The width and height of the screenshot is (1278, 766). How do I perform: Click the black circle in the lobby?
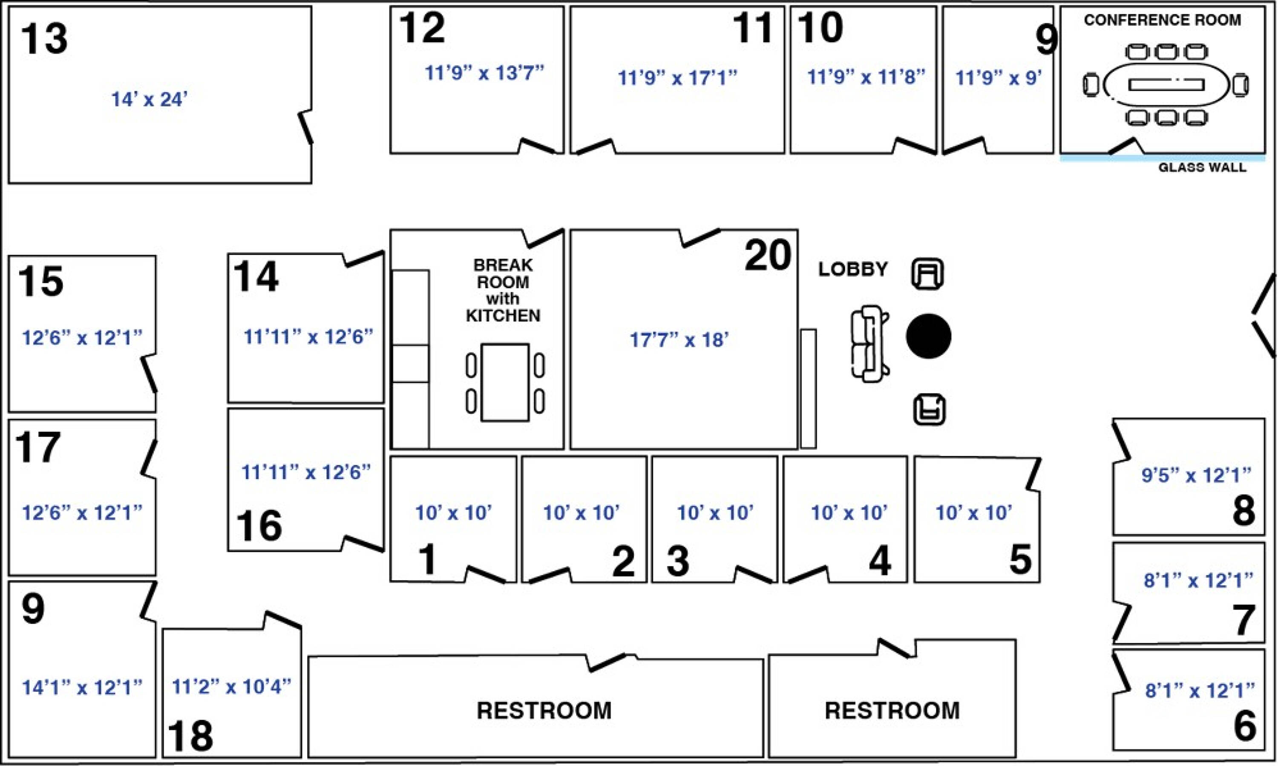click(x=929, y=336)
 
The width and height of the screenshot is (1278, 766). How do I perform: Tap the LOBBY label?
click(x=853, y=269)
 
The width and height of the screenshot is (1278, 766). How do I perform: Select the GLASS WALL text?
click(x=1202, y=167)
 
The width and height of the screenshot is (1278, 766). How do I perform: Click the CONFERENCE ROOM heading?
click(x=1163, y=20)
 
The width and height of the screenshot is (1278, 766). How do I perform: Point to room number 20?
click(x=768, y=255)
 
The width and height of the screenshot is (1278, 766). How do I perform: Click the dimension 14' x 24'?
click(x=149, y=99)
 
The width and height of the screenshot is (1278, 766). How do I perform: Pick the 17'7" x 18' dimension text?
click(x=679, y=340)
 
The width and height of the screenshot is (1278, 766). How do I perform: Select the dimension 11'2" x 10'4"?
click(x=231, y=686)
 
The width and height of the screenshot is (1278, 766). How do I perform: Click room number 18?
click(x=190, y=736)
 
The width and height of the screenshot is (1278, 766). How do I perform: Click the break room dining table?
click(x=505, y=383)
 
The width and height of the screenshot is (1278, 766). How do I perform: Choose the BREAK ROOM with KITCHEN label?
click(x=503, y=290)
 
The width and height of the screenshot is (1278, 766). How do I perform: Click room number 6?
click(x=1244, y=725)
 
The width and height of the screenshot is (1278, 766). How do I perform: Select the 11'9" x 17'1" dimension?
click(x=677, y=78)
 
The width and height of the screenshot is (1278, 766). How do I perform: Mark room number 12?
click(x=422, y=28)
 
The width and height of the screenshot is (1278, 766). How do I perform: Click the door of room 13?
click(x=305, y=127)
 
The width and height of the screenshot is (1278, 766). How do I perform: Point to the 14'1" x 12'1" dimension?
click(x=81, y=687)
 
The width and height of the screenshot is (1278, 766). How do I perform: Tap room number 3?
click(x=678, y=561)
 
